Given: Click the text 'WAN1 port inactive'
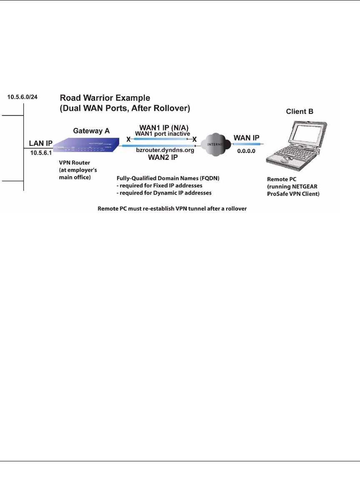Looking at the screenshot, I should [161, 133].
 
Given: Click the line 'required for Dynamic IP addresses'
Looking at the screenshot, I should [165, 193].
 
